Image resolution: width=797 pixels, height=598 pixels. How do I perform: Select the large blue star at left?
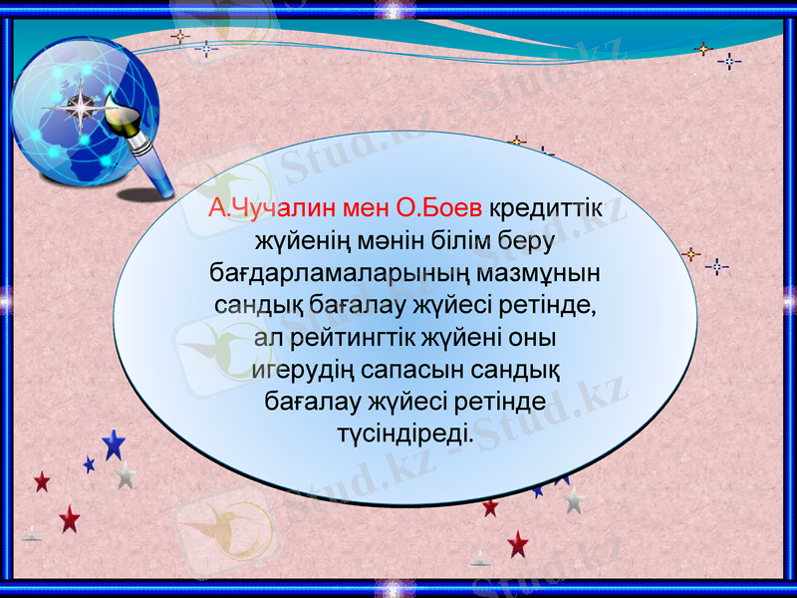click(114, 444)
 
